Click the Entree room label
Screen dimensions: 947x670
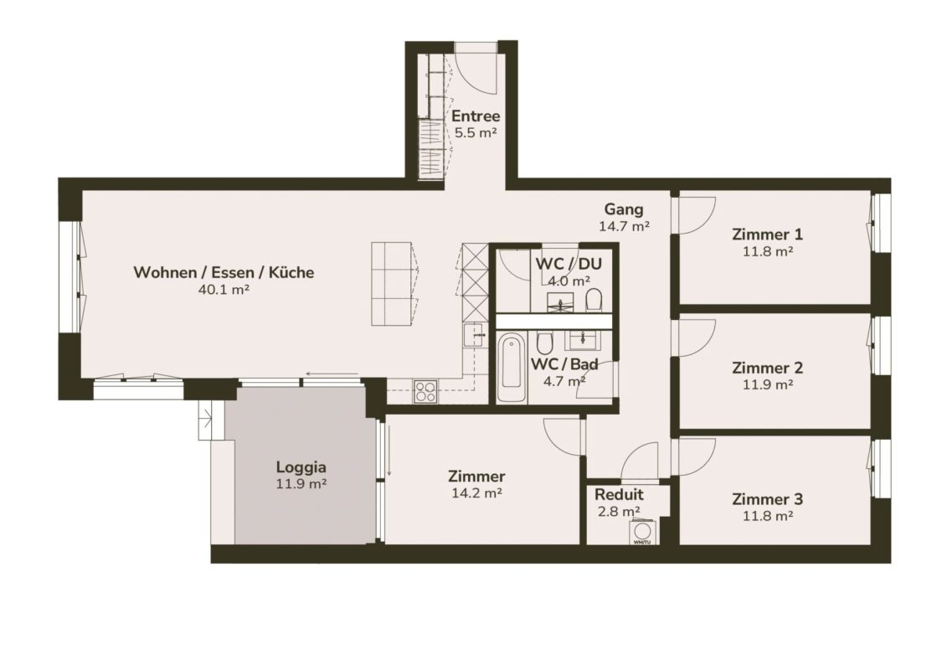[476, 116]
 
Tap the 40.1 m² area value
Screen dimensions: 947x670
[224, 290]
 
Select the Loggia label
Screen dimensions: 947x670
[301, 467]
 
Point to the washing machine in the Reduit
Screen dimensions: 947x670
[642, 533]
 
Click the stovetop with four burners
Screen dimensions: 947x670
[426, 391]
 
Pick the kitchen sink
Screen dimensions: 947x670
[475, 335]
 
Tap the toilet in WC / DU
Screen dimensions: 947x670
[594, 300]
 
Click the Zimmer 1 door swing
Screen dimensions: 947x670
[697, 215]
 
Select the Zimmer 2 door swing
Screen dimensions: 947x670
[697, 338]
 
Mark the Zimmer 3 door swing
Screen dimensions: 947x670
[697, 457]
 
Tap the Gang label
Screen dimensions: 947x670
[624, 209]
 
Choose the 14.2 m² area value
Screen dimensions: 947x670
[477, 493]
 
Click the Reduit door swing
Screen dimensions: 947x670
[641, 461]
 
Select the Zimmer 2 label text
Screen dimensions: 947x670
[767, 368]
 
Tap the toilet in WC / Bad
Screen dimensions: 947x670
[544, 343]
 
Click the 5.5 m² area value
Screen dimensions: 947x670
[476, 133]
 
